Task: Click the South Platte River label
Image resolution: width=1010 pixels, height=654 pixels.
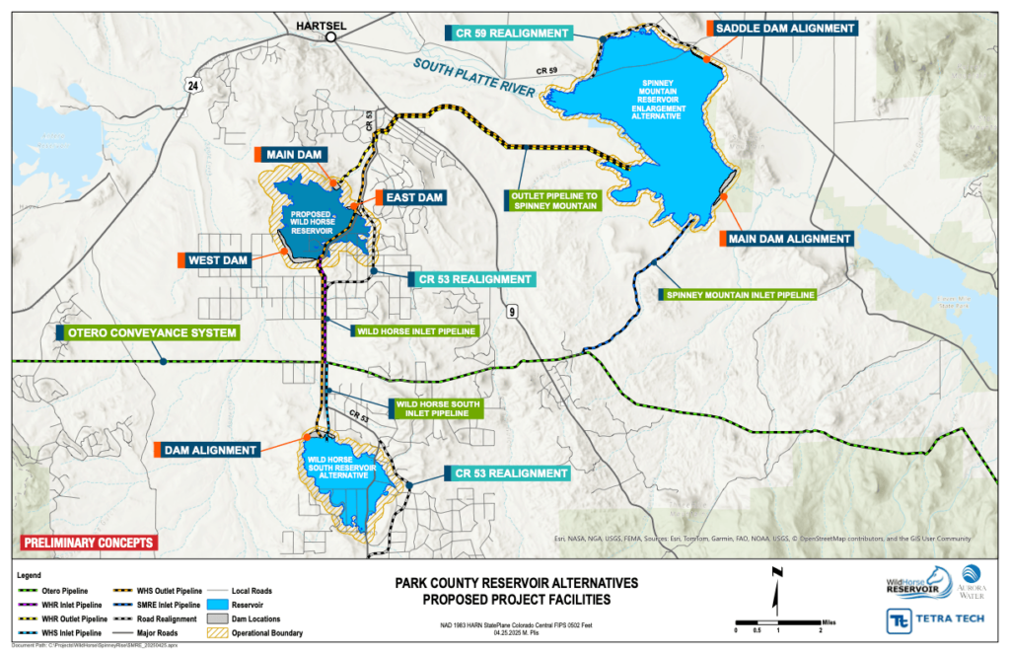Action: point(475,78)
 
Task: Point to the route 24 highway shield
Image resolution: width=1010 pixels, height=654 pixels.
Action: point(192,87)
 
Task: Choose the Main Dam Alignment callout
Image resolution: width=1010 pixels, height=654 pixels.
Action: point(788,239)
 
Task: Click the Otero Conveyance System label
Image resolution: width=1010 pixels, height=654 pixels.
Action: point(151,333)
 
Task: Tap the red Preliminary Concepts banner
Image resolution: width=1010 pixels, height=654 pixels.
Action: point(89,543)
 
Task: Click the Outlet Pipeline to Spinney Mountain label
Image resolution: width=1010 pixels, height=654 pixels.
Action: point(553,200)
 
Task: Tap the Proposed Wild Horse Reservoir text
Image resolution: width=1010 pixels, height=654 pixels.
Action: point(318,222)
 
